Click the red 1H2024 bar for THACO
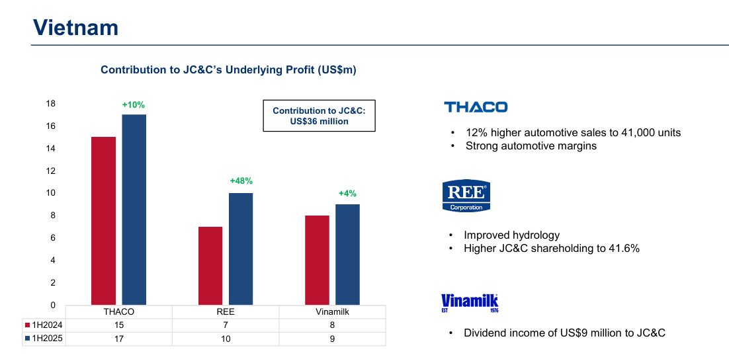coord(103,221)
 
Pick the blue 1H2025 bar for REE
coord(241,249)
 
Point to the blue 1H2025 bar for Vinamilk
coord(348,255)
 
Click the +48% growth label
coord(241,181)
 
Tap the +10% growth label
coord(133,104)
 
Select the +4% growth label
coord(347,194)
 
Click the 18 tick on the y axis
coord(51,104)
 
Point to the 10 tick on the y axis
coord(51,193)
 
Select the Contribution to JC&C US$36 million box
coord(319,116)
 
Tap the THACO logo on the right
coord(476,107)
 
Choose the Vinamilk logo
coord(469,303)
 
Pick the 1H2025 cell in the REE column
coord(226,338)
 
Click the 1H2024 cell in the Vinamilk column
coord(332,325)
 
